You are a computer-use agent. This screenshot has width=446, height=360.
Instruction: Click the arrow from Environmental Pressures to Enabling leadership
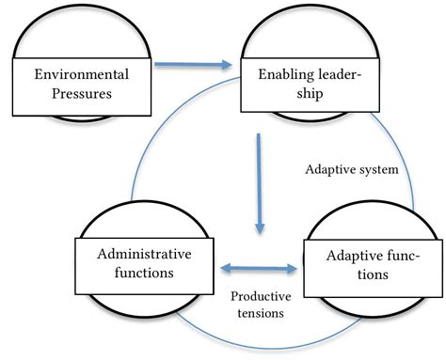click(x=193, y=65)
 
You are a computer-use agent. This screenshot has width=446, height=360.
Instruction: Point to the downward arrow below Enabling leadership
click(x=259, y=184)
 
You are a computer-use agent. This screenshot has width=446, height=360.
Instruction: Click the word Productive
click(x=261, y=295)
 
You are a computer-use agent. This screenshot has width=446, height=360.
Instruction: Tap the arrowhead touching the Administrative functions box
click(x=225, y=269)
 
